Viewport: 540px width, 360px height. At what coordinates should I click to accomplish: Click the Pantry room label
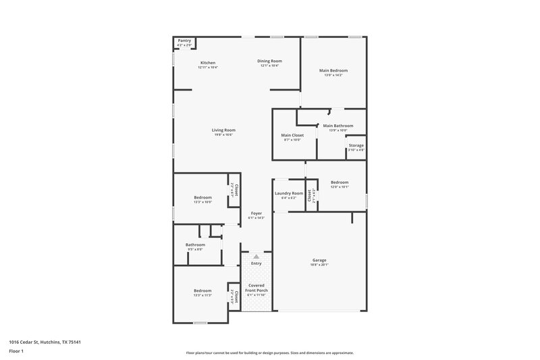pyautogui.click(x=184, y=41)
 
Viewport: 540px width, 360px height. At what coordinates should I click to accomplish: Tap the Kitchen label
pyautogui.click(x=207, y=63)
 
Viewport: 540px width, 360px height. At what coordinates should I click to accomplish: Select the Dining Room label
pyautogui.click(x=269, y=61)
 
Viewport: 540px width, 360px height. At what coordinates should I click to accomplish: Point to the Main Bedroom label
pyautogui.click(x=333, y=70)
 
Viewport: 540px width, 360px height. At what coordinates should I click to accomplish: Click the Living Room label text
pyautogui.click(x=223, y=130)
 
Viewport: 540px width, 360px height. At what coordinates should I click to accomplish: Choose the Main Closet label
pyautogui.click(x=292, y=135)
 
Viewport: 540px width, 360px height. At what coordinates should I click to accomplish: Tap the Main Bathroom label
pyautogui.click(x=337, y=126)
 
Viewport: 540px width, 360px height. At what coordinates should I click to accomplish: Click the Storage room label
pyautogui.click(x=356, y=145)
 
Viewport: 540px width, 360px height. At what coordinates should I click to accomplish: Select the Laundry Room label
pyautogui.click(x=288, y=193)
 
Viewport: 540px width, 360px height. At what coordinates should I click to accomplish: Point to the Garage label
pyautogui.click(x=319, y=260)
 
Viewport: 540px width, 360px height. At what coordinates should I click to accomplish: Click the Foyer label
pyautogui.click(x=256, y=213)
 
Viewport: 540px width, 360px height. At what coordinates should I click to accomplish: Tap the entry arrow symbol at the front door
pyautogui.click(x=256, y=257)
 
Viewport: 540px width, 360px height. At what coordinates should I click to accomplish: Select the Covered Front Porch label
pyautogui.click(x=256, y=287)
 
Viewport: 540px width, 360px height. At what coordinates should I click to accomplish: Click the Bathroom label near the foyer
pyautogui.click(x=195, y=245)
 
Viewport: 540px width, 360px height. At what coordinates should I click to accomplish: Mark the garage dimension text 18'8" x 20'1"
pyautogui.click(x=319, y=265)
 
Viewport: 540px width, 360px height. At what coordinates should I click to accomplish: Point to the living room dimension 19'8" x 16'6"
pyautogui.click(x=223, y=135)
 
